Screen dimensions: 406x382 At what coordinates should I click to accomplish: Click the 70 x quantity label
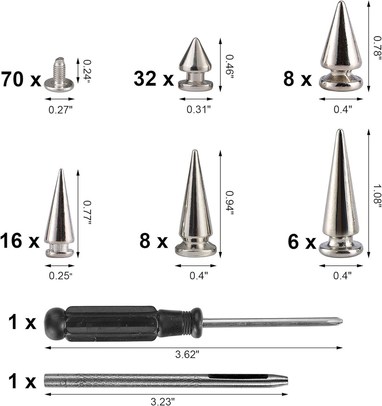point(21,79)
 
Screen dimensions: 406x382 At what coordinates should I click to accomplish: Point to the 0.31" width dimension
point(199,110)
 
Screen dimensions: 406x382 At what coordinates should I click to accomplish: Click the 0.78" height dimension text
point(377,47)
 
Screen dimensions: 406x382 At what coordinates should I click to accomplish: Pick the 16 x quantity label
point(20,241)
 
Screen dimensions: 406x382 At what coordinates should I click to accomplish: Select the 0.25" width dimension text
point(60,276)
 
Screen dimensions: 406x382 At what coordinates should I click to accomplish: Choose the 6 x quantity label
point(302,242)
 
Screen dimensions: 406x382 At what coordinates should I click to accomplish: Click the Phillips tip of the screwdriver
point(338,322)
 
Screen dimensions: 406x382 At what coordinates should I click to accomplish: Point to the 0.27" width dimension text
point(60,110)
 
